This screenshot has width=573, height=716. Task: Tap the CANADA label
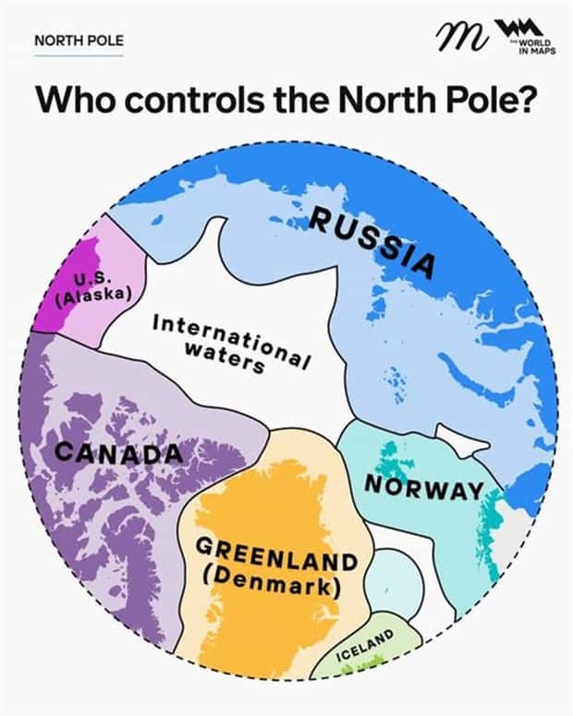click(x=118, y=454)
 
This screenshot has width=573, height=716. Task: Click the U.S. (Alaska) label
click(x=92, y=288)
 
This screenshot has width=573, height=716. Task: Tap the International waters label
click(x=231, y=342)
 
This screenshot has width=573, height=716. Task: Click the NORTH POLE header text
click(x=79, y=41)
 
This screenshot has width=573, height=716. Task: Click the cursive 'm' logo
click(x=459, y=39)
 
